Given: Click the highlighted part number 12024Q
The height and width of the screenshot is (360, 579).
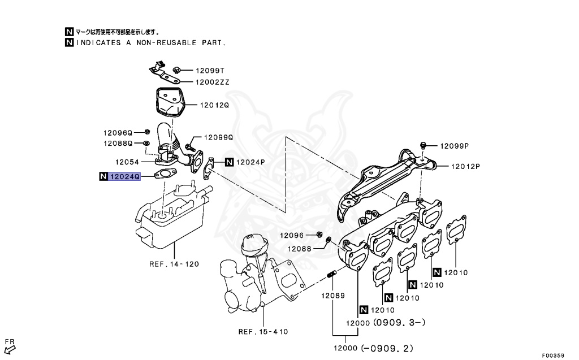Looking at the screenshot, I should click(124, 176).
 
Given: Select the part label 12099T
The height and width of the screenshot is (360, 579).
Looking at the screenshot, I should click(210, 71).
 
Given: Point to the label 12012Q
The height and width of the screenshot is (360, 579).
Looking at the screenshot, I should click(213, 105).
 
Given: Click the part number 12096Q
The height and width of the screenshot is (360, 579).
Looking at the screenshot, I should click(117, 132).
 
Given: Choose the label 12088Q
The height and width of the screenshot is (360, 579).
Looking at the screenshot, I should click(117, 144).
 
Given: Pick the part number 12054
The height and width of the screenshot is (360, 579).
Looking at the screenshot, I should click(127, 162).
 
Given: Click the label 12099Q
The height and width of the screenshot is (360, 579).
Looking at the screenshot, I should click(218, 137).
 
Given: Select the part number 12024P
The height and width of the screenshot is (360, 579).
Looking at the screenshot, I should click(250, 162).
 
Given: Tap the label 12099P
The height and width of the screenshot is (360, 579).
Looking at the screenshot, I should click(455, 145).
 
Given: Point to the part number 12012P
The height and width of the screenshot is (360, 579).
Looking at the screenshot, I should click(465, 166).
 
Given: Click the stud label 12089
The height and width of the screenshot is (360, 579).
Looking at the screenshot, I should click(333, 296).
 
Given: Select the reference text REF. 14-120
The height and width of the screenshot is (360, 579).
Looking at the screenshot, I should click(174, 264).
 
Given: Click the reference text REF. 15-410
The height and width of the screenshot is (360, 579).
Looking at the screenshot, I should click(263, 332).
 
